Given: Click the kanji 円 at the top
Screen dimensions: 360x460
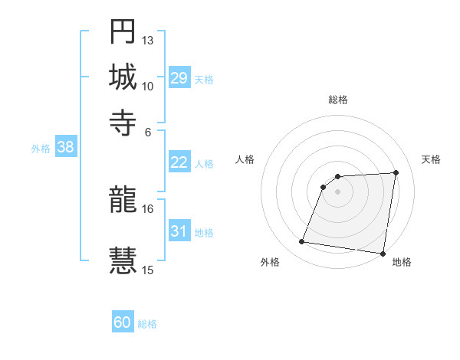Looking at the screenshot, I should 123,33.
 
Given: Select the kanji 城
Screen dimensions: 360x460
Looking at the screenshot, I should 123,77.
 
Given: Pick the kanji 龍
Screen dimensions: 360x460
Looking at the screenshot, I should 123,201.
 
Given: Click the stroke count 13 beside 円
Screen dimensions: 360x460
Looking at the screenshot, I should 148,40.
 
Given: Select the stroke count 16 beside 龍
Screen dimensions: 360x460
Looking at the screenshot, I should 148,208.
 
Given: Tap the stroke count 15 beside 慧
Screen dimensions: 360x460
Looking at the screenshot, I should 148,270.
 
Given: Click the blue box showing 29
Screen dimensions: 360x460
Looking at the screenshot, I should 179,78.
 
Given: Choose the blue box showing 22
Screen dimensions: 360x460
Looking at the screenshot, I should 179,162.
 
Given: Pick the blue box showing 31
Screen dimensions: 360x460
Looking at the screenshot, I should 179,231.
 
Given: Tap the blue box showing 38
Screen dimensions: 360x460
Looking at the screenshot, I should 65,148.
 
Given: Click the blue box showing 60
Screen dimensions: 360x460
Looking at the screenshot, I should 123,323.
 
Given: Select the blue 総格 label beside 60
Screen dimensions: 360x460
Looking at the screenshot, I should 147,324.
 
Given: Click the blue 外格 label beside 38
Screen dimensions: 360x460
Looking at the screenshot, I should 41,149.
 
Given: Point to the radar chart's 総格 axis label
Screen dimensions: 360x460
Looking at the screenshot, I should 337,100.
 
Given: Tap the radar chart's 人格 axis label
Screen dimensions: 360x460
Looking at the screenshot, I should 245,159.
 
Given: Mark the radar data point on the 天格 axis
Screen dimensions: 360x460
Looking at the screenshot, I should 396,172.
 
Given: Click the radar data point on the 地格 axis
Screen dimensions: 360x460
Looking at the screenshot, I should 382,254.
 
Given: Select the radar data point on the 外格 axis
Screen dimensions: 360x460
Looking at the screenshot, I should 301,242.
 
